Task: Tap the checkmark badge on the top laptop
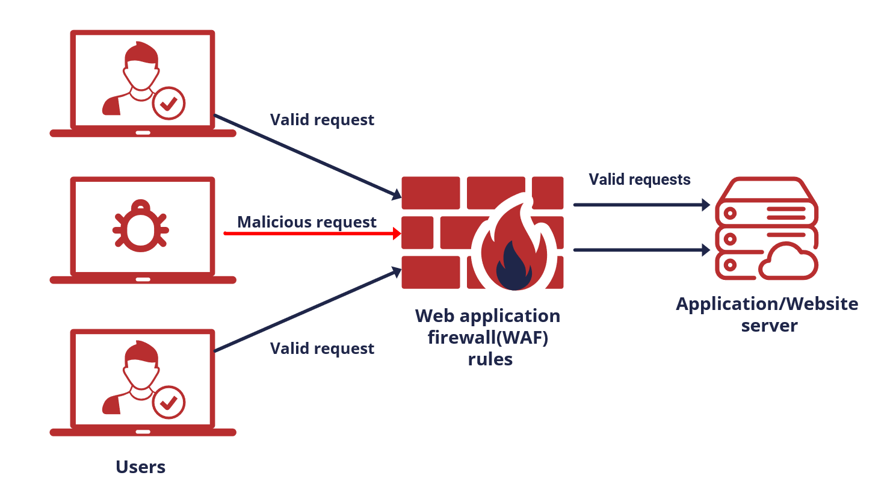coord(168,103)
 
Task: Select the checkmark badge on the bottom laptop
coord(168,402)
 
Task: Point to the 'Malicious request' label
coord(307,222)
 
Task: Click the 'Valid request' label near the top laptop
coord(322,120)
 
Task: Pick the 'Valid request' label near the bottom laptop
coord(322,349)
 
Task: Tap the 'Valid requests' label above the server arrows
coord(639,179)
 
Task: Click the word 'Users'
coord(140,466)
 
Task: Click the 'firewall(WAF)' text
coord(488,337)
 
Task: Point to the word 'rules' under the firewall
coord(490,359)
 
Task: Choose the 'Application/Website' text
coord(767,303)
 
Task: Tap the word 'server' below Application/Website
coord(769,326)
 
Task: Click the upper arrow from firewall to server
coord(641,205)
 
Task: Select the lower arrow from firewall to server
coord(641,249)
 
